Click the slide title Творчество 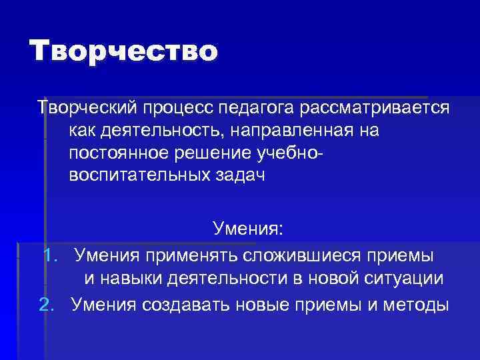123,52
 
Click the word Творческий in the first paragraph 87,108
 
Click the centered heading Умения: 248,229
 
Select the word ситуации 407,279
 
